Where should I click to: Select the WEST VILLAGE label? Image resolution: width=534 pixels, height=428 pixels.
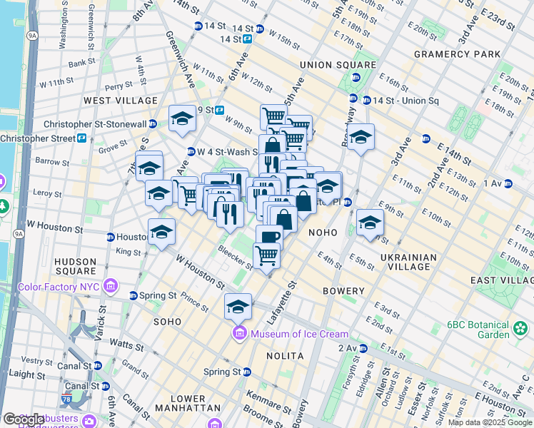(x=121, y=101)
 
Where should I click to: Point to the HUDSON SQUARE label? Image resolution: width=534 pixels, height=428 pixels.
(x=75, y=266)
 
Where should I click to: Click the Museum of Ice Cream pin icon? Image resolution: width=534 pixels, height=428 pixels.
(x=238, y=334)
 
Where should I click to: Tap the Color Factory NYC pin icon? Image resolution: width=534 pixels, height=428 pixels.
(x=110, y=287)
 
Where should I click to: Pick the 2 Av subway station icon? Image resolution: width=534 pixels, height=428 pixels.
(x=363, y=348)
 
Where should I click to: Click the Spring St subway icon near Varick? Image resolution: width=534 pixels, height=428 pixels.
(x=133, y=295)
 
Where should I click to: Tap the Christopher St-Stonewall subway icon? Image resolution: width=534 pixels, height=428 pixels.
(x=153, y=124)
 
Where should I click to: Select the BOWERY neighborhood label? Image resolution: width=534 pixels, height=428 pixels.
(x=343, y=291)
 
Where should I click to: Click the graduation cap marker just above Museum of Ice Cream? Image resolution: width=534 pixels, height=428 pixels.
(x=238, y=306)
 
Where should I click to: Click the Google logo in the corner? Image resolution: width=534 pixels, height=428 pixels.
(x=24, y=420)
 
